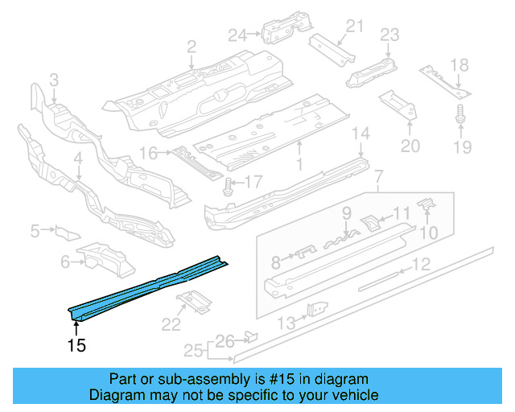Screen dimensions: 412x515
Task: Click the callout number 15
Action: click(x=76, y=346)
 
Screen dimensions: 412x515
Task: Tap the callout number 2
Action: click(x=192, y=47)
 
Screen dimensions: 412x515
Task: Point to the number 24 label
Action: click(x=237, y=34)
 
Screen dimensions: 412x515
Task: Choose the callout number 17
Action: click(x=253, y=183)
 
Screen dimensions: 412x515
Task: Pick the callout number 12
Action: click(x=422, y=264)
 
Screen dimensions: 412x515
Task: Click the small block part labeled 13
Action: click(x=318, y=309)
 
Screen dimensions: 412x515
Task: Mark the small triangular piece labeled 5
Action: click(x=66, y=232)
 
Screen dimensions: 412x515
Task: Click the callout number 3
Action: click(x=54, y=80)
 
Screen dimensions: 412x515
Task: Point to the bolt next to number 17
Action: click(x=229, y=185)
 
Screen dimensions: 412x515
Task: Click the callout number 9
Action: click(x=347, y=214)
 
